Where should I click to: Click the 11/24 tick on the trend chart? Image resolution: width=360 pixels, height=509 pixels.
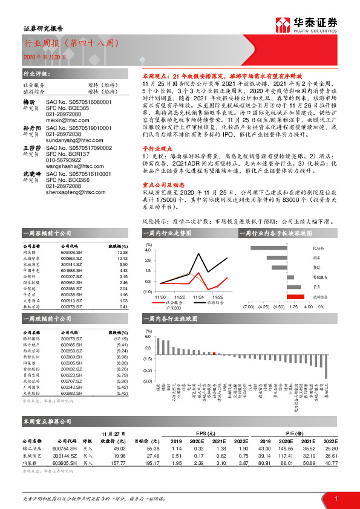[198, 297]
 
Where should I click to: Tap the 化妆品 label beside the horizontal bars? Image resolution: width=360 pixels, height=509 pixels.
[318, 248]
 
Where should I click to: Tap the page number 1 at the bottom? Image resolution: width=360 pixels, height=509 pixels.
[335, 498]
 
